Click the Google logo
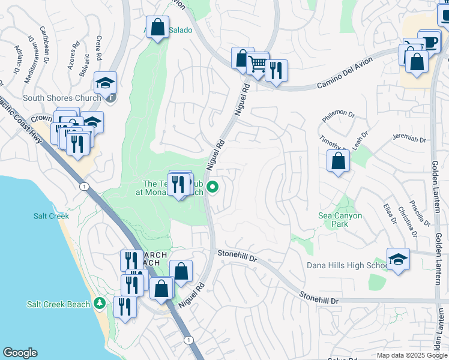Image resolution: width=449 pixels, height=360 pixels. pos(20,353)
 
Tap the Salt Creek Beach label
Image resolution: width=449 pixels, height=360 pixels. pos(58,304)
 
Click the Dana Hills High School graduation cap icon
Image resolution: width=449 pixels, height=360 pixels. pos(398,260)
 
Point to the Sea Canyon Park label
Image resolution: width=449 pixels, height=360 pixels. pos(340,220)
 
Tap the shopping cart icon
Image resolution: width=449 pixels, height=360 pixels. pos(258,64)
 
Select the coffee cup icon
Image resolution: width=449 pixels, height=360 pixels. pos(429,43)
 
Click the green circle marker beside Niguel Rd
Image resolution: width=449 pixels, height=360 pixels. pos(212,188)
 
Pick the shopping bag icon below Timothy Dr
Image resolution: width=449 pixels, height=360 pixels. pos(339,161)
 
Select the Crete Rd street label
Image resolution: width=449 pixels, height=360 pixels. pos(98,47)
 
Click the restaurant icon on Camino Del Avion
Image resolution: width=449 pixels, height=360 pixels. pos(276,71)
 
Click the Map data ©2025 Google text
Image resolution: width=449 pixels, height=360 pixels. pos(412,355)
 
